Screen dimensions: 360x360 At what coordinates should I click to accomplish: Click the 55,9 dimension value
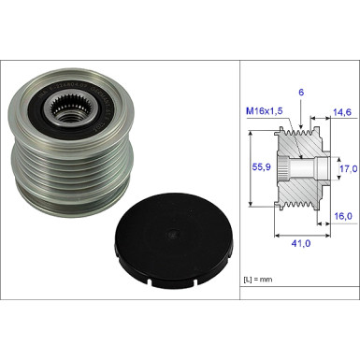click(x=261, y=167)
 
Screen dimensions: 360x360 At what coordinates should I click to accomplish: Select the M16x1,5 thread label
click(x=265, y=111)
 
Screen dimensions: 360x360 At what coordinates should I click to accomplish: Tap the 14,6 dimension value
click(x=342, y=112)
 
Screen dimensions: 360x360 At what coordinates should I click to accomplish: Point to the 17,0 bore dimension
click(x=348, y=169)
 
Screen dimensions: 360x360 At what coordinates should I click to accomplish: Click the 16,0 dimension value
click(x=343, y=216)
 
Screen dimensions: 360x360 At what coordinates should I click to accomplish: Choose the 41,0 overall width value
click(x=301, y=243)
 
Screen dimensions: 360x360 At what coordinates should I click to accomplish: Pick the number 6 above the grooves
click(x=301, y=93)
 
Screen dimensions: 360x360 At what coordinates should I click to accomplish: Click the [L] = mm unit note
click(x=258, y=280)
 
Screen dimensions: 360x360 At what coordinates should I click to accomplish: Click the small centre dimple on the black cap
click(x=172, y=234)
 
